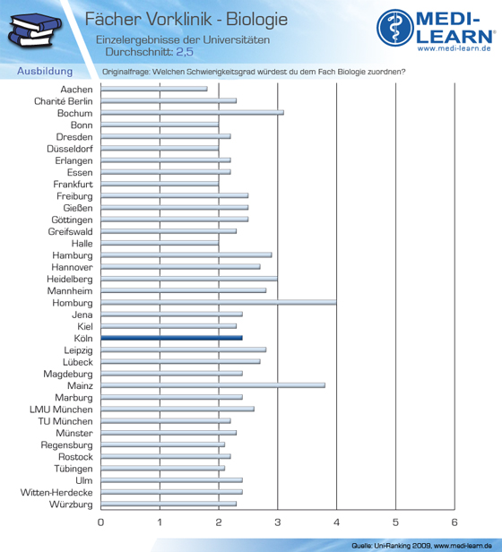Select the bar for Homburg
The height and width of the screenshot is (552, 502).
click(x=219, y=302)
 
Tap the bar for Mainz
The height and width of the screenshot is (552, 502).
click(x=212, y=385)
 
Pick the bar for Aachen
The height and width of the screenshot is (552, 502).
click(x=154, y=89)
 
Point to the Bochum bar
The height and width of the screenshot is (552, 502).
click(x=193, y=113)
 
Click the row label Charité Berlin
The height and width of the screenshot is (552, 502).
click(x=64, y=101)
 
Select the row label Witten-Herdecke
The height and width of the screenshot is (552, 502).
click(x=56, y=493)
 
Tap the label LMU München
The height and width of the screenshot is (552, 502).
click(x=61, y=410)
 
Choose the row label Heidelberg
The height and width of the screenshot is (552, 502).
click(x=70, y=280)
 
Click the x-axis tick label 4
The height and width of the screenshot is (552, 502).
click(x=336, y=522)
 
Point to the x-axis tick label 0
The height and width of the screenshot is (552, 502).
click(x=100, y=522)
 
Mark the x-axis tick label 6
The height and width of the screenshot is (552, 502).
click(x=454, y=522)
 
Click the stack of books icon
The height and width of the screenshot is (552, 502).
click(x=35, y=30)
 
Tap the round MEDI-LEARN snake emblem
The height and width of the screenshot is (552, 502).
click(x=395, y=28)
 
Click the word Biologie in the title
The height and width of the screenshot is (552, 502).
click(x=256, y=19)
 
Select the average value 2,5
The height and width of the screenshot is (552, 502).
click(x=185, y=52)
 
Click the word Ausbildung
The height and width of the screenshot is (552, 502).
click(x=45, y=71)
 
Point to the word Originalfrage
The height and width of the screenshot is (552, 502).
click(x=125, y=72)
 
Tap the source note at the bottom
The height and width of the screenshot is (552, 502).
click(x=421, y=546)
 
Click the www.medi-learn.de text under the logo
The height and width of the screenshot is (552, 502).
click(x=454, y=48)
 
